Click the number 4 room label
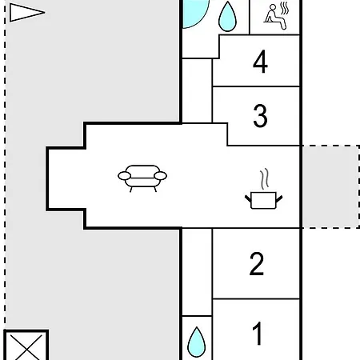[260, 62]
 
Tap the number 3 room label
[260, 115]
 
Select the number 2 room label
[257, 263]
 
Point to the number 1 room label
[258, 334]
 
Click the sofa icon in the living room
[142, 178]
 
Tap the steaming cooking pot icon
[263, 189]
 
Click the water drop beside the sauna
[227, 18]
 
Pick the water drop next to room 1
[197, 342]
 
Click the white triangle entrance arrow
[26, 12]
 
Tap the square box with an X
[26, 346]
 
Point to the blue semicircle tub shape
[194, 14]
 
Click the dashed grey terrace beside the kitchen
[330, 187]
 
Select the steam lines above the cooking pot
[265, 178]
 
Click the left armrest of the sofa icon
[124, 176]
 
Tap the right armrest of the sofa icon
[161, 176]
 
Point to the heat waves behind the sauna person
[285, 9]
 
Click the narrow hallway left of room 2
[197, 272]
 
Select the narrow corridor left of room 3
[197, 90]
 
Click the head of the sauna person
[273, 7]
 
